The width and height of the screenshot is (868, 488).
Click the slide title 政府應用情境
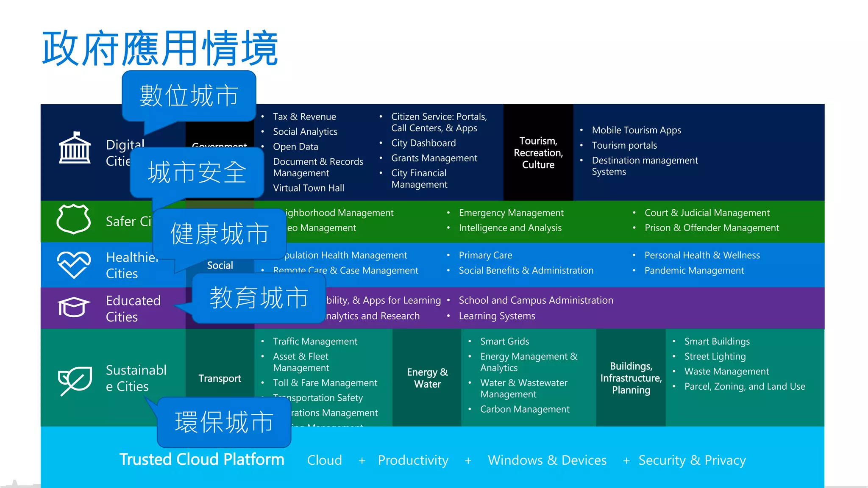(x=160, y=48)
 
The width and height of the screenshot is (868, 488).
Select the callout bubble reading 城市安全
(x=197, y=172)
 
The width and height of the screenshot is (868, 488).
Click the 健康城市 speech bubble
(x=219, y=234)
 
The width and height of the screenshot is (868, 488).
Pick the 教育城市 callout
(x=259, y=298)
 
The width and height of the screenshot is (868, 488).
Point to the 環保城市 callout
(x=224, y=422)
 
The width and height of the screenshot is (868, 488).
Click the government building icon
(x=75, y=148)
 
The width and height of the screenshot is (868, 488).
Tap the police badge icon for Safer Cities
(x=74, y=219)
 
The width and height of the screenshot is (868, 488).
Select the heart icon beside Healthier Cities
(x=74, y=264)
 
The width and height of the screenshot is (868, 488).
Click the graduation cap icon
(x=74, y=307)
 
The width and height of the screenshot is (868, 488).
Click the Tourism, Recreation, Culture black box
(x=538, y=152)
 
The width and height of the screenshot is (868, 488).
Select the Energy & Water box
(x=427, y=378)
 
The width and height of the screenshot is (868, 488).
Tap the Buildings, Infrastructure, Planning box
(x=631, y=378)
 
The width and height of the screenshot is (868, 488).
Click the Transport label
(x=220, y=378)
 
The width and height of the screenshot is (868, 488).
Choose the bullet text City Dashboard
(x=423, y=143)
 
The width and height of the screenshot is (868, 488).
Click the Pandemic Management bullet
(x=694, y=271)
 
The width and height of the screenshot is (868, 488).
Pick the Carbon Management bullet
(x=524, y=409)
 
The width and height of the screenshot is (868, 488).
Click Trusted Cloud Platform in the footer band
(x=202, y=460)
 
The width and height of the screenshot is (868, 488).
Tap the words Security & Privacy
(x=692, y=460)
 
